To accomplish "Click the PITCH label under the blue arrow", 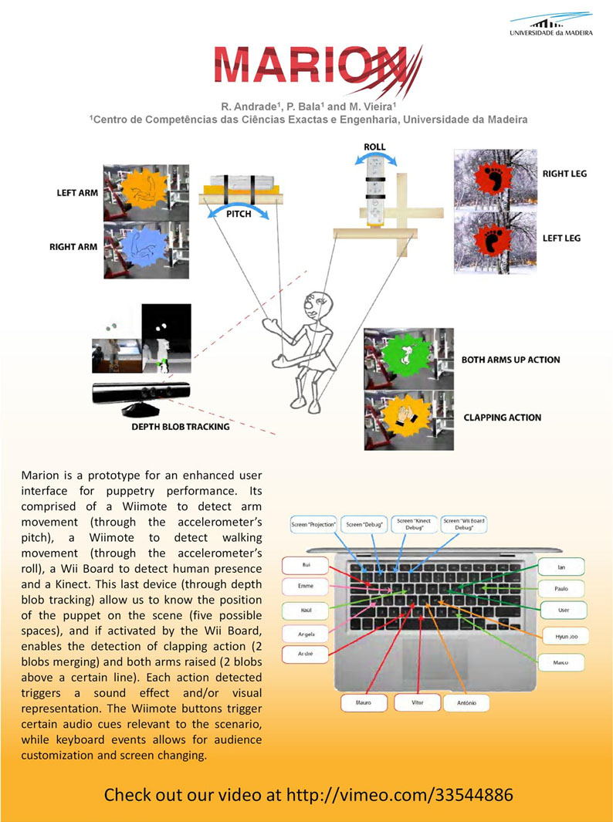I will (x=239, y=214).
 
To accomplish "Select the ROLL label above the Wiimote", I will (x=374, y=147).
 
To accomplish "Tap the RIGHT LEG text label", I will (x=564, y=174).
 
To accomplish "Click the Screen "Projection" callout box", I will (x=313, y=525).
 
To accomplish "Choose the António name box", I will (x=466, y=702).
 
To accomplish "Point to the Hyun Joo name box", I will (x=561, y=637).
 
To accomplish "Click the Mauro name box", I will (x=364, y=703).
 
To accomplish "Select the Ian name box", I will (x=561, y=567).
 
